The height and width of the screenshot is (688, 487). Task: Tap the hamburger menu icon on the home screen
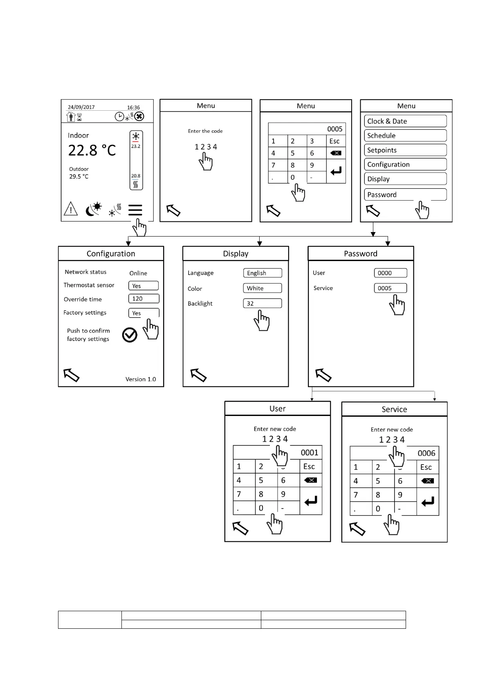click(135, 210)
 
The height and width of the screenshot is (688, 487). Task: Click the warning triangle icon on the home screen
click(71, 209)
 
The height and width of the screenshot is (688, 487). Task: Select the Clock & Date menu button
click(405, 121)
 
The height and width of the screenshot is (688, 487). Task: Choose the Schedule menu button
click(405, 136)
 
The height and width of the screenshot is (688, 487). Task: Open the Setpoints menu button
click(405, 150)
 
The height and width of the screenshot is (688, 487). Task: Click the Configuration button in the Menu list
click(405, 164)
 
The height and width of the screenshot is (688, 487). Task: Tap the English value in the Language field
click(262, 273)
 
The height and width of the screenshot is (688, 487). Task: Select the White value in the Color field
click(262, 288)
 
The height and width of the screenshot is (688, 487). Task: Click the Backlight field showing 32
click(262, 303)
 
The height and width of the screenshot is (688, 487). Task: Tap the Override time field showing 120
click(144, 299)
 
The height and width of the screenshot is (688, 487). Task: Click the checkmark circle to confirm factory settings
click(130, 335)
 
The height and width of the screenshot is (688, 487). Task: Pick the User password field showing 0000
click(390, 273)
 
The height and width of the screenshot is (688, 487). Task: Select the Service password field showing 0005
click(390, 288)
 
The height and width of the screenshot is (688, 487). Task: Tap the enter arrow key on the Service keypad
click(428, 502)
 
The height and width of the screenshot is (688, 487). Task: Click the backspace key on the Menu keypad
click(336, 153)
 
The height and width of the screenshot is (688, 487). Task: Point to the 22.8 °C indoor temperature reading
click(92, 150)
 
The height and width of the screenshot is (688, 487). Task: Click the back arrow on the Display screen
click(199, 375)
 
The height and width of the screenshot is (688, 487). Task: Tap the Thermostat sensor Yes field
click(144, 286)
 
